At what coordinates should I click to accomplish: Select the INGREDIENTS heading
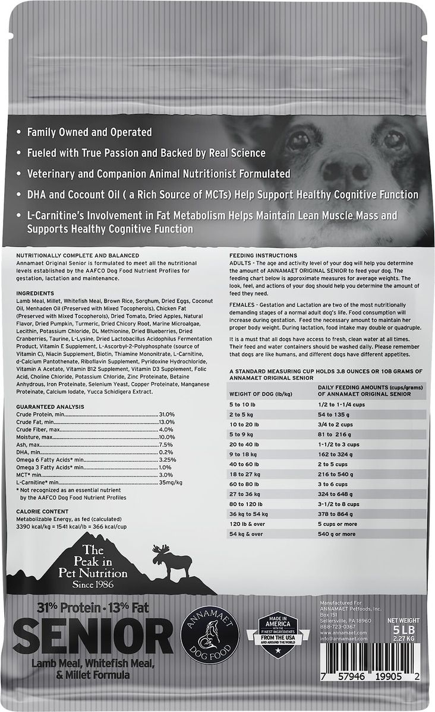coord(35,293)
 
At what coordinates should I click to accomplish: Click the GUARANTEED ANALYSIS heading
coord(49,406)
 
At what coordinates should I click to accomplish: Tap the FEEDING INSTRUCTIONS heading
coord(259,255)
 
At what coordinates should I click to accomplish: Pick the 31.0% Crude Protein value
coord(166,414)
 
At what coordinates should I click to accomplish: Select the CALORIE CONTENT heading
coord(42,511)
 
